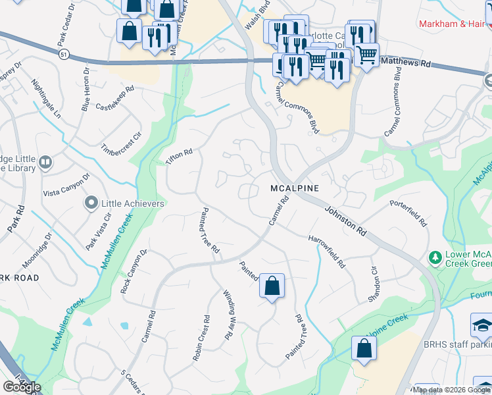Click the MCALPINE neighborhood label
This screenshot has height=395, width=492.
pos(295,188)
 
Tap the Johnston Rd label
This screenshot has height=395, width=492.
pos(345,221)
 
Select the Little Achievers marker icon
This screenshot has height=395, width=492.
pos(92,203)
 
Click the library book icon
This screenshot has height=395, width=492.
pos(45,162)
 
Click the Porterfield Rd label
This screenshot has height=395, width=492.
pos(408,213)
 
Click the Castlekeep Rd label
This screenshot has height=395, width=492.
pos(114,97)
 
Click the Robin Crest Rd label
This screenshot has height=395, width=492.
pos(201,338)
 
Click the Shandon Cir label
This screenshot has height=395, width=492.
pos(376,283)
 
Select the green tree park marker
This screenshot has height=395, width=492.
pos(434,257)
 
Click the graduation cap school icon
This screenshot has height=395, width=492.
pos(481,325)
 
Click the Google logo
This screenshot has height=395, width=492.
pos(22,386)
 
